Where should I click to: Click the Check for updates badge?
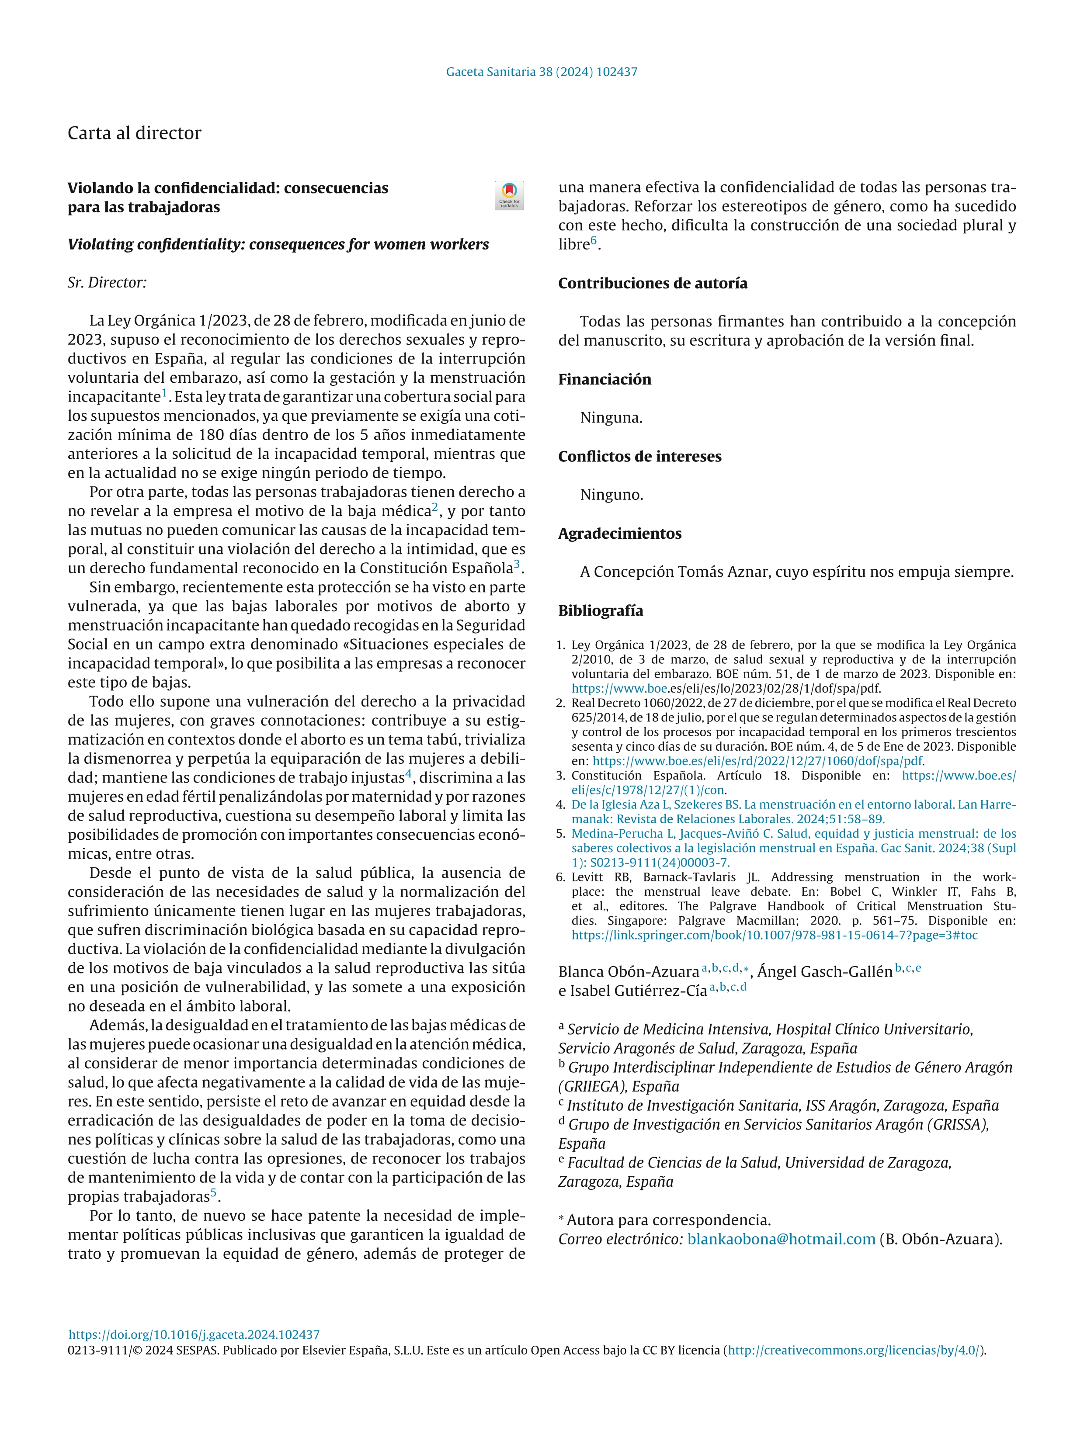509,195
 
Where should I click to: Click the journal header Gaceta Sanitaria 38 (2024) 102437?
542,72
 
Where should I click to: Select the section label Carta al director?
135,133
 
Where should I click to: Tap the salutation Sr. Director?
107,282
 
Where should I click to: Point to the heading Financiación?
605,380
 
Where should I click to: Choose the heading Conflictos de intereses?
639,456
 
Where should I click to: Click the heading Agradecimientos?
619,533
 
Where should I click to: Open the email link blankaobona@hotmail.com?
781,1239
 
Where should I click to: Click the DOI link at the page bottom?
194,1334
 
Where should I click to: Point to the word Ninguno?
611,495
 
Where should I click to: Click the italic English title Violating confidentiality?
278,244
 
